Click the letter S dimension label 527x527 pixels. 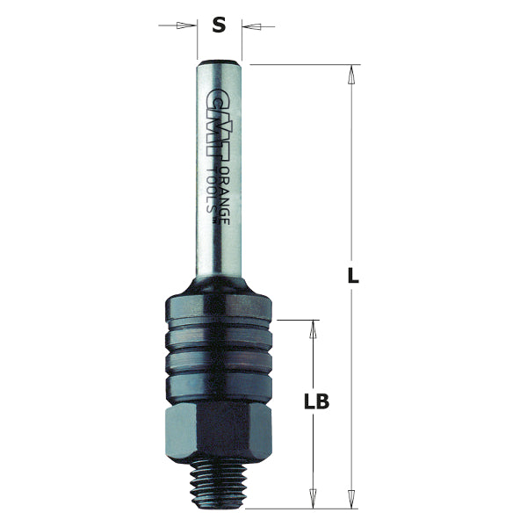click(220, 25)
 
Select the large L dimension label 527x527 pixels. click(352, 275)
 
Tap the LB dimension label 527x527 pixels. click(316, 402)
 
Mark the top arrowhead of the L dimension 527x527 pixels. click(351, 74)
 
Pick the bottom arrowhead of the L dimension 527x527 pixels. click(351, 498)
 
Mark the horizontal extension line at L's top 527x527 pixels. click(299, 64)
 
